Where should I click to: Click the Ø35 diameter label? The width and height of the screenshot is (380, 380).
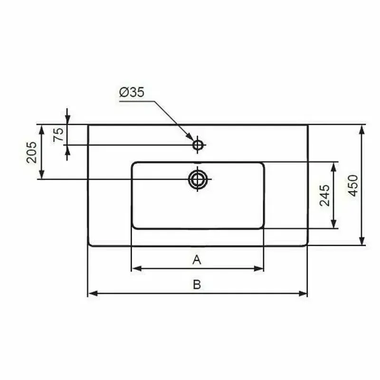(132, 93)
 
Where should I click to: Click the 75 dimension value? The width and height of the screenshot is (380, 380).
(58, 134)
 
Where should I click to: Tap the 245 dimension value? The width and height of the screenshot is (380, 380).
(325, 195)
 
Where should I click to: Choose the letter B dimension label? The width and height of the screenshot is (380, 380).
(197, 285)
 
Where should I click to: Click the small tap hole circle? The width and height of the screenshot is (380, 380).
(198, 144)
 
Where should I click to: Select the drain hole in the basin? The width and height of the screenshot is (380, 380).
(198, 179)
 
